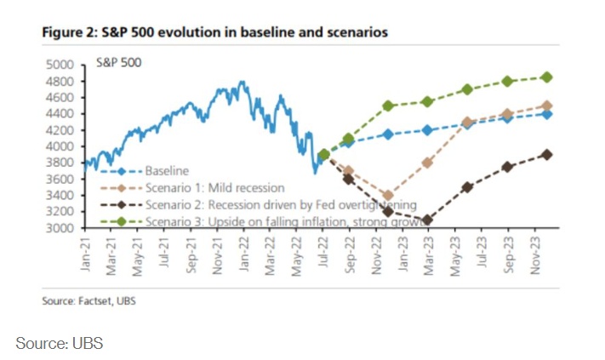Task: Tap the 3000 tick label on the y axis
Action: pyautogui.click(x=62, y=228)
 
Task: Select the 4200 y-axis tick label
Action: pyautogui.click(x=62, y=130)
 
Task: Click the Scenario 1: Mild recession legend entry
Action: pyautogui.click(x=214, y=187)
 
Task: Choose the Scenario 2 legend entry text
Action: pyautogui.click(x=281, y=204)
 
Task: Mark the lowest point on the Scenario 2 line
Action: pyautogui.click(x=426, y=220)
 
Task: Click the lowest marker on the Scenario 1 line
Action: pyautogui.click(x=387, y=196)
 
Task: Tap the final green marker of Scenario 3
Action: pyautogui.click(x=546, y=77)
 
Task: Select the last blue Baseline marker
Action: pyautogui.click(x=546, y=113)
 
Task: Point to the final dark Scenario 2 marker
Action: pyautogui.click(x=546, y=154)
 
